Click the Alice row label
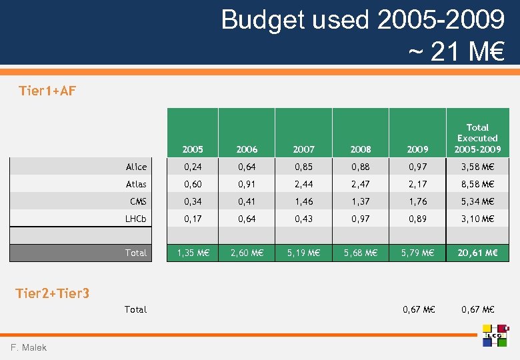(x=136, y=167)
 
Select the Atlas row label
(x=136, y=184)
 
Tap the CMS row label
(x=138, y=201)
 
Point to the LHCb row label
(x=135, y=219)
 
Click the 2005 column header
(x=193, y=149)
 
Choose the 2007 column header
(x=304, y=149)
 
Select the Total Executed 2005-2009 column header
(x=477, y=138)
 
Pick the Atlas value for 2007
(x=304, y=184)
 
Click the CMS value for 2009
(x=417, y=201)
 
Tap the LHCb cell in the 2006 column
(x=247, y=219)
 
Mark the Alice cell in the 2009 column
(x=417, y=167)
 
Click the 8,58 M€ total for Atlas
(x=477, y=184)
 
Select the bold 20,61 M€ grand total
(x=477, y=253)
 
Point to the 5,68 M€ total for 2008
(x=361, y=253)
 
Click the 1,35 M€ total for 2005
(x=193, y=253)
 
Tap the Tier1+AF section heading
(x=47, y=91)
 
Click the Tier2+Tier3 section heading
(x=53, y=293)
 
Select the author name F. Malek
(x=29, y=347)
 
